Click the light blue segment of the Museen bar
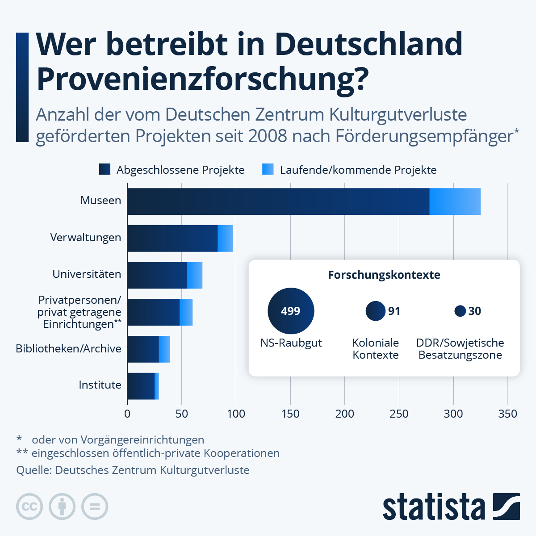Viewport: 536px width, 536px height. pyautogui.click(x=455, y=201)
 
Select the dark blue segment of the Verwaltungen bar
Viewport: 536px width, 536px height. pyautogui.click(x=172, y=238)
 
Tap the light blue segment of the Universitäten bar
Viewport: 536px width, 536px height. pyautogui.click(x=195, y=275)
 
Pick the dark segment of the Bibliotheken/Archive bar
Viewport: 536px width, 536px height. pyautogui.click(x=143, y=349)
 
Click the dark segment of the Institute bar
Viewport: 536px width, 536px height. pyautogui.click(x=141, y=386)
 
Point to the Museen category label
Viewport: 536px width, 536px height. pyautogui.click(x=100, y=201)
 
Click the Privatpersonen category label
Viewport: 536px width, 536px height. pyautogui.click(x=80, y=312)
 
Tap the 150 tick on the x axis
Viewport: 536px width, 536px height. pyautogui.click(x=290, y=414)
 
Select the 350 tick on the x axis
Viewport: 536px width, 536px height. pyautogui.click(x=507, y=414)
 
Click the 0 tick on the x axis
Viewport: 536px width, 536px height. pyautogui.click(x=127, y=414)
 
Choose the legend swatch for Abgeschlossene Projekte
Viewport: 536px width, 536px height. pyautogui.click(x=105, y=169)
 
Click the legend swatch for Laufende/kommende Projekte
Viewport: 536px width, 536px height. pyautogui.click(x=268, y=169)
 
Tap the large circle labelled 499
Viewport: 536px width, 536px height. pyautogui.click(x=291, y=311)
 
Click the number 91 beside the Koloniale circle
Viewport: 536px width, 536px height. pyautogui.click(x=394, y=311)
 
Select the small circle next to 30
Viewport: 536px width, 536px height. pyautogui.click(x=460, y=311)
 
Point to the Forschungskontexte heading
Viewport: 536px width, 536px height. pyautogui.click(x=384, y=275)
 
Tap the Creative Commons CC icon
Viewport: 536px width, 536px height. pyautogui.click(x=29, y=507)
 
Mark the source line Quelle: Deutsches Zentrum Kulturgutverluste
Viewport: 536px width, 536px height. pyautogui.click(x=133, y=470)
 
